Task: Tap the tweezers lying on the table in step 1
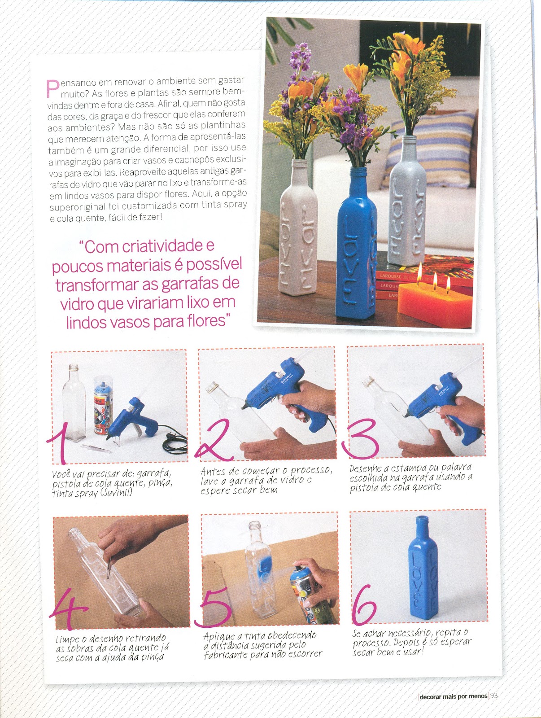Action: [96, 448]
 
